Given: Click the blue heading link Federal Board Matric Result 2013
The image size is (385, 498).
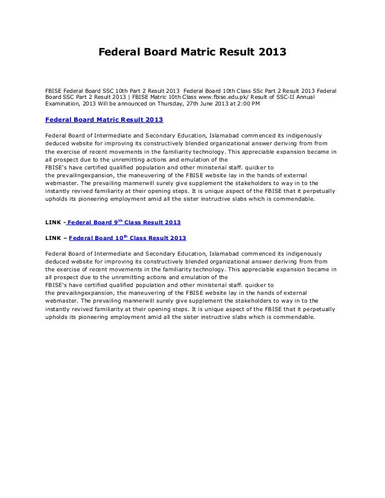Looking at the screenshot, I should tap(104, 119).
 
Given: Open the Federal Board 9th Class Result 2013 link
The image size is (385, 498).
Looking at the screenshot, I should tap(124, 223).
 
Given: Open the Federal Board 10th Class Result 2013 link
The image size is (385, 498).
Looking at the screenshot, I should tap(128, 238).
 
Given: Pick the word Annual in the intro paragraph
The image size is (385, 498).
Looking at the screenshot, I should tap(310, 96).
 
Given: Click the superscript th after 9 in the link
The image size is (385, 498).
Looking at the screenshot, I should tap(119, 221).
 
